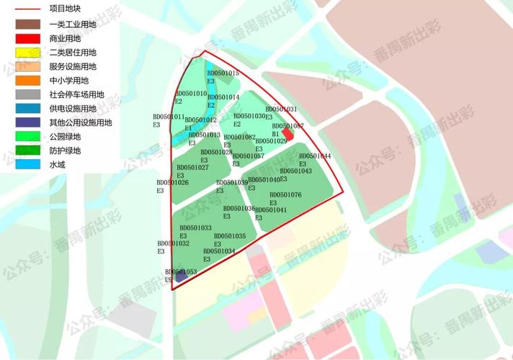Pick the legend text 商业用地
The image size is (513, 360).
click(65, 37)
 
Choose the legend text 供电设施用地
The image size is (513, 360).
click(73, 108)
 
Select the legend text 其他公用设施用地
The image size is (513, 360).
click(81, 122)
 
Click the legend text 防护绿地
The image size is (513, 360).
click(65, 150)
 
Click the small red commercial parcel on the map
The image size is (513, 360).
click(287, 135)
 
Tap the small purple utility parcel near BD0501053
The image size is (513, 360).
click(181, 276)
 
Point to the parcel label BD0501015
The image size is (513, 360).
click(223, 73)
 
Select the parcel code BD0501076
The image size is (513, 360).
click(285, 195)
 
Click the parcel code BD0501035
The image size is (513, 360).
click(229, 236)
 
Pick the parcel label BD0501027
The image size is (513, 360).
click(192, 168)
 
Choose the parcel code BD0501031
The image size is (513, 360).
click(281, 109)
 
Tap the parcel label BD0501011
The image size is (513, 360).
click(169, 117)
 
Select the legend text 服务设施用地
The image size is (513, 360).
click(73, 66)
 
